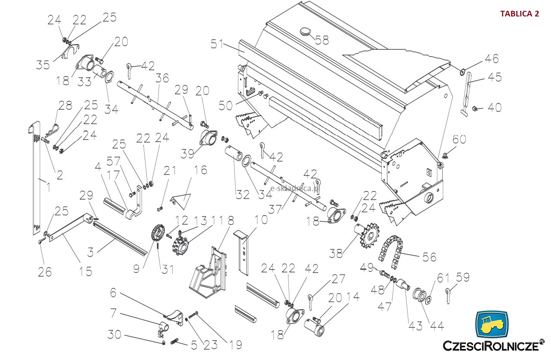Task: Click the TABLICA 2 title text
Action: click(x=519, y=13)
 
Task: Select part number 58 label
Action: click(x=322, y=40)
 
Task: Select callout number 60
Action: click(x=459, y=139)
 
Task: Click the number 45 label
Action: click(x=494, y=77)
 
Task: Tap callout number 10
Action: click(x=261, y=220)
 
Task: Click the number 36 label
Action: click(x=162, y=78)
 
